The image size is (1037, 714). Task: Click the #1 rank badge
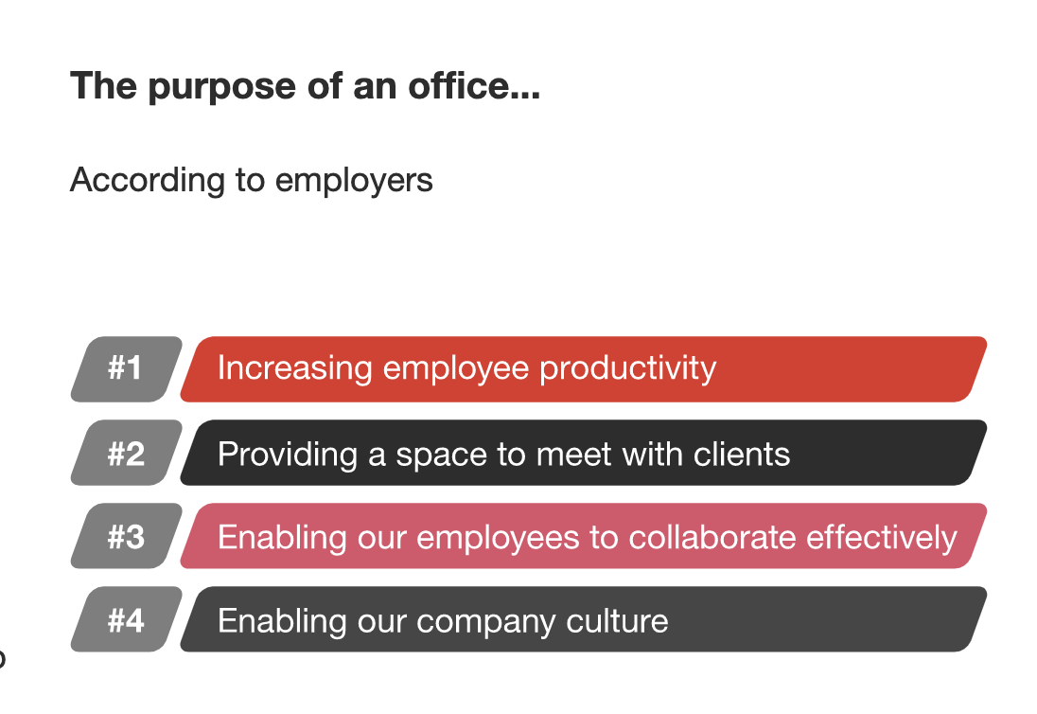[x=127, y=369]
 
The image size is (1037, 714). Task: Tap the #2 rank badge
[x=127, y=453]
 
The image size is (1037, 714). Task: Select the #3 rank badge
[x=127, y=536]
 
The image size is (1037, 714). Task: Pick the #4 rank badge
[x=127, y=619]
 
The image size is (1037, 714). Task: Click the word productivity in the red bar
[x=627, y=369]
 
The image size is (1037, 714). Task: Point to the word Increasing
[x=295, y=369]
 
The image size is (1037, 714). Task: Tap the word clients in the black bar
[x=742, y=455]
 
